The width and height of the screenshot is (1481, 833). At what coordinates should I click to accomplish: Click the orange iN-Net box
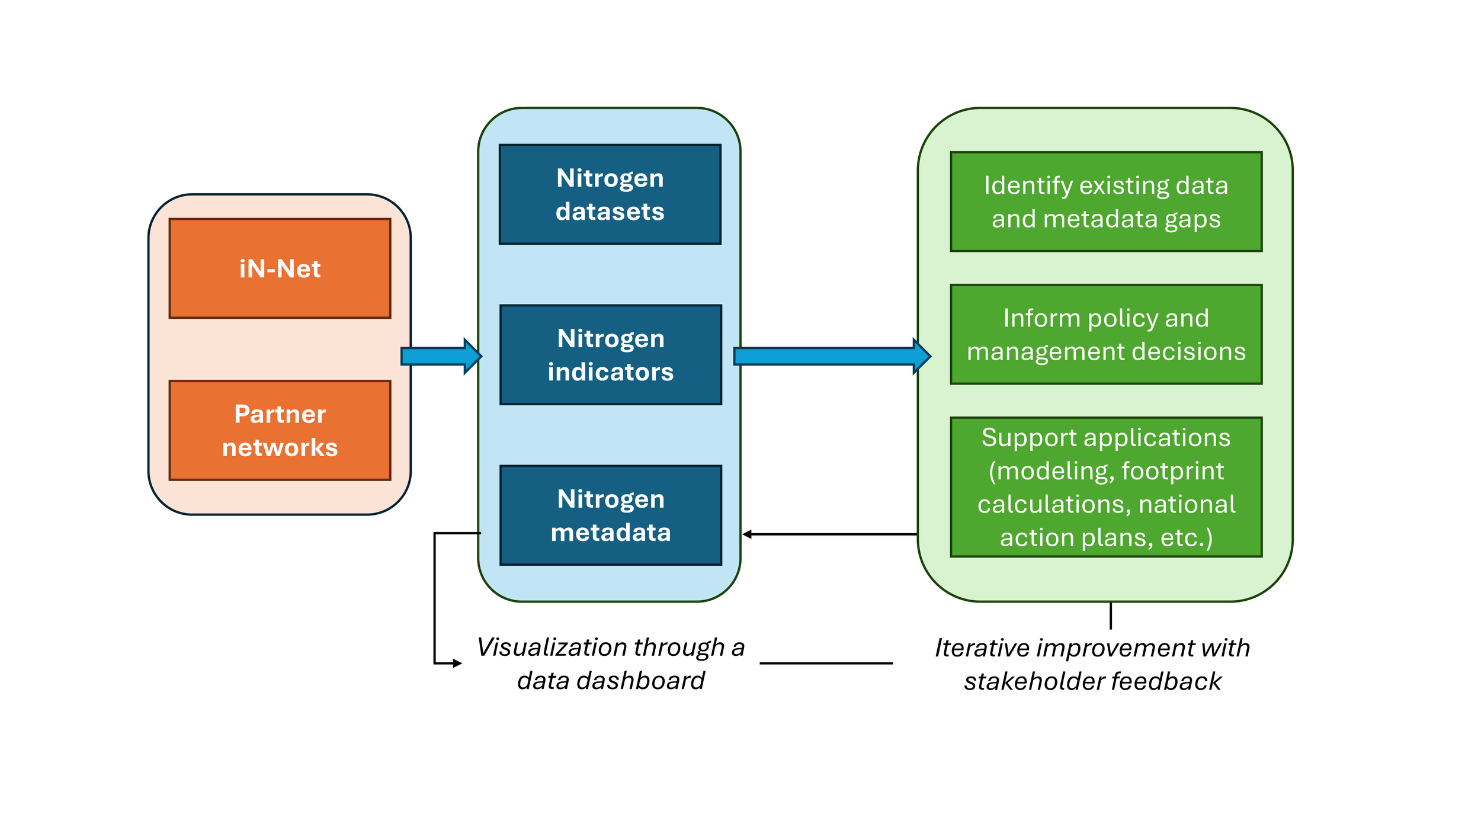tap(280, 268)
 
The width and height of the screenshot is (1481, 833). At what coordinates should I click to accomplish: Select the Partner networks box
tap(280, 430)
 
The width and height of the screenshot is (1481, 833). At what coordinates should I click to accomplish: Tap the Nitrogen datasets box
tap(610, 194)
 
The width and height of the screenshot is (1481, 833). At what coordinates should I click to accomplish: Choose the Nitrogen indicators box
tap(611, 355)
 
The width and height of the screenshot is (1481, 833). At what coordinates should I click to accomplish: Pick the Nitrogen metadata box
tap(611, 515)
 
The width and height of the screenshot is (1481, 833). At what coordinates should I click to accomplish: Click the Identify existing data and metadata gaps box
tap(1106, 201)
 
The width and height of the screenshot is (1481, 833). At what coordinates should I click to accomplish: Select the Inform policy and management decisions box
tap(1106, 334)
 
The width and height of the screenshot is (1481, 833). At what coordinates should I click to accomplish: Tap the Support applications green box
tap(1106, 487)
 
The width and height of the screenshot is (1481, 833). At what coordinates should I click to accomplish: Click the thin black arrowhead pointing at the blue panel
tap(748, 534)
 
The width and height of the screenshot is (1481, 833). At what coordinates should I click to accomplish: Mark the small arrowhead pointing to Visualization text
tap(457, 663)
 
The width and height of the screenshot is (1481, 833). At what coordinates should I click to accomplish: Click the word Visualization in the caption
tap(533, 648)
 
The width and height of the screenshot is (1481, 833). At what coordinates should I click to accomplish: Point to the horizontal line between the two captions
tap(826, 663)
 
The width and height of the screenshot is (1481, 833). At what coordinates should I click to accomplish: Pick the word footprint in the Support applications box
tap(1172, 471)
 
